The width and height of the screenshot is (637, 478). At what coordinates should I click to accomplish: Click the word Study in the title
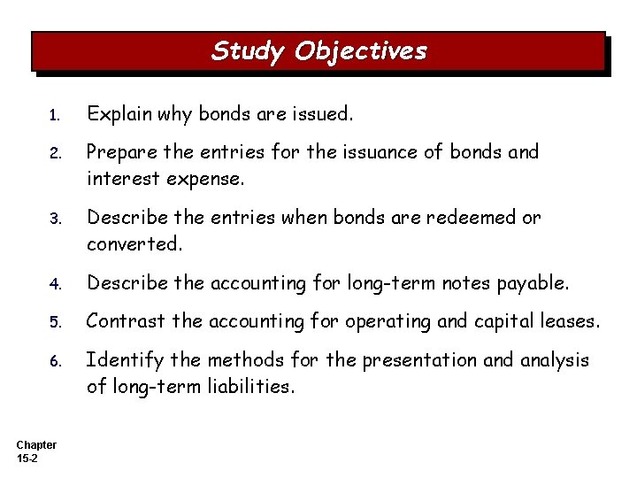(x=248, y=51)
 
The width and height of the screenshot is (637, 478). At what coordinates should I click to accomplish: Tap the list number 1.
(x=54, y=116)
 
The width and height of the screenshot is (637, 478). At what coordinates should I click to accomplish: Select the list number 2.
(x=54, y=153)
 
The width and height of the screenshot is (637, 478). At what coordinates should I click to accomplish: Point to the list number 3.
(x=54, y=219)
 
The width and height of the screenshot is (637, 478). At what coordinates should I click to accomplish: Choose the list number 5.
(x=54, y=323)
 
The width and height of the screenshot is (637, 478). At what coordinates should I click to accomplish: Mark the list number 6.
(x=54, y=361)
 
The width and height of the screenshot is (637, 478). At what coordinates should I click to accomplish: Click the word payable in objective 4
(x=536, y=284)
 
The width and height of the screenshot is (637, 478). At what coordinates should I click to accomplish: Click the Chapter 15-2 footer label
(x=36, y=451)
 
